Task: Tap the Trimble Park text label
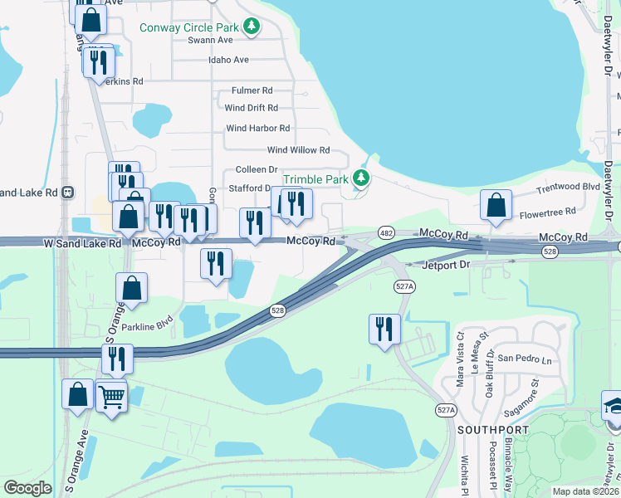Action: click(x=316, y=179)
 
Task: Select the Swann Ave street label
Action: click(x=210, y=40)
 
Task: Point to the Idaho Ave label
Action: click(x=229, y=60)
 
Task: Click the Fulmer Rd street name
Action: click(x=252, y=90)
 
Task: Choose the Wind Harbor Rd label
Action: click(x=257, y=129)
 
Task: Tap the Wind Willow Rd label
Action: click(x=298, y=150)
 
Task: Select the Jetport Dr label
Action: click(x=446, y=265)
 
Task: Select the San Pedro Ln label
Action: click(x=524, y=360)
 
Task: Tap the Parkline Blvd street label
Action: click(x=147, y=326)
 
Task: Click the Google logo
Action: click(x=27, y=488)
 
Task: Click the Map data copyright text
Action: click(x=585, y=491)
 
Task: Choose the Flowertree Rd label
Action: click(x=547, y=212)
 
